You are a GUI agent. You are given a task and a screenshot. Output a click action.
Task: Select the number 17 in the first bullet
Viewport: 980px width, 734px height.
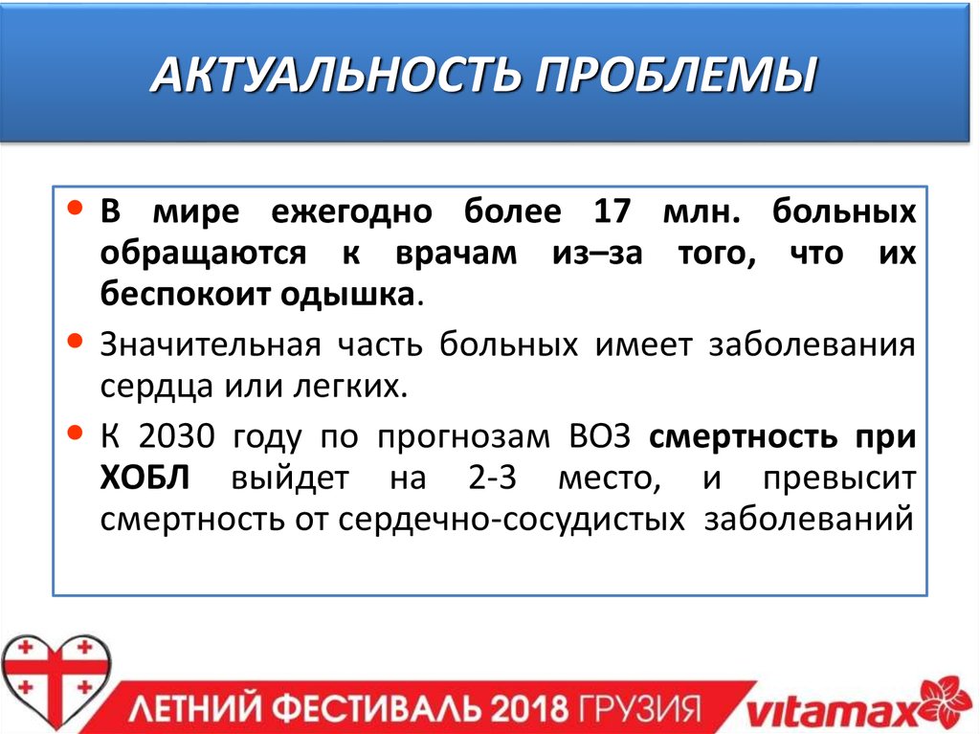pos(613,211)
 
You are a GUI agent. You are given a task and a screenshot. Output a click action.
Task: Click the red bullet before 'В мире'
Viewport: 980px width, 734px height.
pos(79,208)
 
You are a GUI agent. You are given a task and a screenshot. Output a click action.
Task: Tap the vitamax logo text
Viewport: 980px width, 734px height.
pos(827,711)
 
